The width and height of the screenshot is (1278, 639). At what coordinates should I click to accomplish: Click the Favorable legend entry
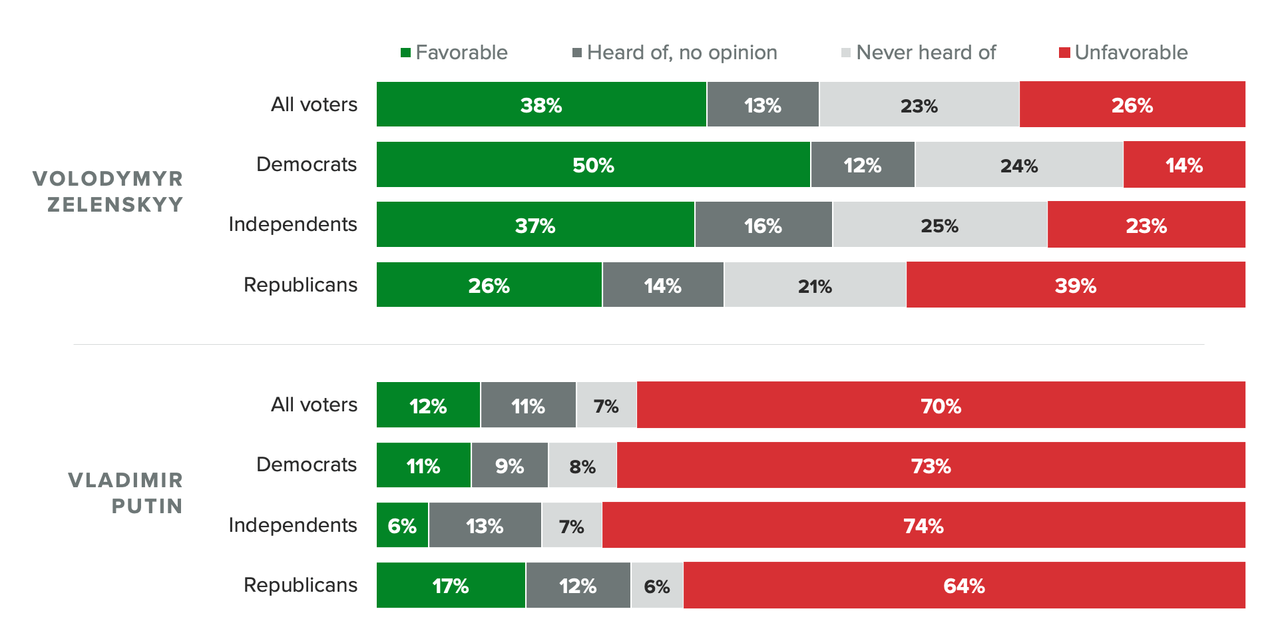click(x=454, y=53)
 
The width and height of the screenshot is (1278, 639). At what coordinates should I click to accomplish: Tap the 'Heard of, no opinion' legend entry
click(x=675, y=53)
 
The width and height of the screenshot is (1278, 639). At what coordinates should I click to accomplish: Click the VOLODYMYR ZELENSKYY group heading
click(x=108, y=192)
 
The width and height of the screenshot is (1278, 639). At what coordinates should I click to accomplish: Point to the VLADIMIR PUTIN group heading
click(x=126, y=493)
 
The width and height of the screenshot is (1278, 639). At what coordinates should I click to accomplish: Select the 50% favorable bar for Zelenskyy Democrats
click(x=593, y=164)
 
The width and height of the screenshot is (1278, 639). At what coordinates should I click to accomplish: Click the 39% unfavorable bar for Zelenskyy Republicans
click(x=1076, y=285)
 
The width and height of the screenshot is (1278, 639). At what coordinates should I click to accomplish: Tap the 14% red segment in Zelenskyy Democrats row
click(x=1184, y=164)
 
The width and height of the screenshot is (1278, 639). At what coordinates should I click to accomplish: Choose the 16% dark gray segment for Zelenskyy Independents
click(x=763, y=225)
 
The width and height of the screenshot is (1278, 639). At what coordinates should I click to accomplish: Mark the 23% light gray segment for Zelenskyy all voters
click(x=919, y=105)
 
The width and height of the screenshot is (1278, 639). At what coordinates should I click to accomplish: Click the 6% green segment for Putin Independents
click(x=402, y=525)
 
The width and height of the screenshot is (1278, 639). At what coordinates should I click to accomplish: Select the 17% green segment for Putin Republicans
click(x=451, y=585)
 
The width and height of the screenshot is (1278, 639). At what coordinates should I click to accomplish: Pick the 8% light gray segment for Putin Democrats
click(x=582, y=465)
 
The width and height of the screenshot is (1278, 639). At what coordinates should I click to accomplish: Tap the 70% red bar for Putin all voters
click(x=941, y=405)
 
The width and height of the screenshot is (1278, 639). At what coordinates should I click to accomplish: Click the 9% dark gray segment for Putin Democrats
click(x=509, y=465)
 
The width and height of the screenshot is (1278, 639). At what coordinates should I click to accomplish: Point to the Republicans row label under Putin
click(x=300, y=585)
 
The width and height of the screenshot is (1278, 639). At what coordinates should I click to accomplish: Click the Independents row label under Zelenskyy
click(x=293, y=224)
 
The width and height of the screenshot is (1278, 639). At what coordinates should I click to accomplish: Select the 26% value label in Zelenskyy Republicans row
click(x=489, y=286)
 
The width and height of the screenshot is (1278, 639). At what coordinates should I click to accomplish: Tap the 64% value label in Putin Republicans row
click(x=964, y=586)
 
